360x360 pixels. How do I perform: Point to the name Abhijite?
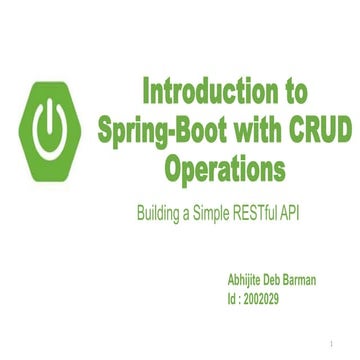pyautogui.click(x=250, y=281)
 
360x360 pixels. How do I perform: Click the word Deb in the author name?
pyautogui.click(x=285, y=281)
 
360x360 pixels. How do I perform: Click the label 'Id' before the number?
pyautogui.click(x=232, y=299)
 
